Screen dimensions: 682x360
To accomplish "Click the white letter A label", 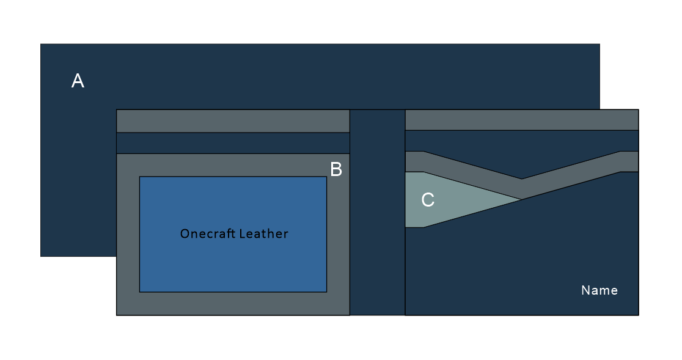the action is [x=78, y=81].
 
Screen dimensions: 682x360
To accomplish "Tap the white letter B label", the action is [x=336, y=169].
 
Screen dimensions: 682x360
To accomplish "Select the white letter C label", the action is [x=428, y=200].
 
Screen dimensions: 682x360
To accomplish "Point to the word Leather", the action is [x=263, y=233].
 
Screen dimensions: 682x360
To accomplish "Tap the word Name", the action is [x=599, y=290].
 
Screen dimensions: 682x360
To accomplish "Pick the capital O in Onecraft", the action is [x=185, y=233].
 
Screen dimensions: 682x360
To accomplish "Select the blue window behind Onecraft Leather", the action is [x=232, y=263].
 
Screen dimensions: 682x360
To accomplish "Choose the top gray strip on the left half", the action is [x=232, y=121].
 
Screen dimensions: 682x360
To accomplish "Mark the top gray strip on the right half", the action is [x=521, y=120].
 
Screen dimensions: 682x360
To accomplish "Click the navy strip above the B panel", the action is [x=232, y=143].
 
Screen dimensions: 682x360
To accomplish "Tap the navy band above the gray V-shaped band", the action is [x=521, y=147].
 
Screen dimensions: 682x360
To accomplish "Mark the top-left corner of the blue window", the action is [x=140, y=177].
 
